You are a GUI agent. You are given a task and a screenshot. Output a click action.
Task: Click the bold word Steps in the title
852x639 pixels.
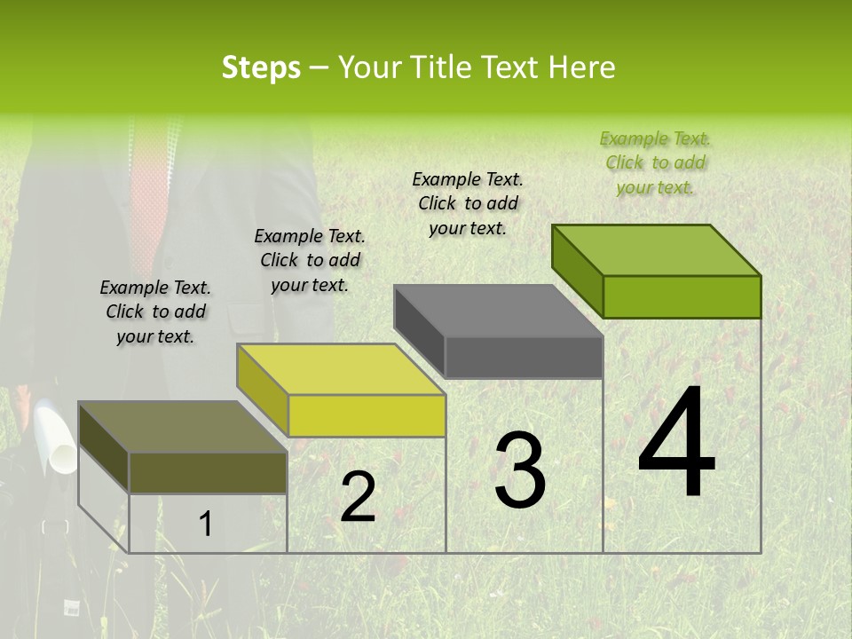click(x=261, y=67)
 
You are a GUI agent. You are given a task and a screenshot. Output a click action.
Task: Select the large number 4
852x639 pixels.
click(x=676, y=443)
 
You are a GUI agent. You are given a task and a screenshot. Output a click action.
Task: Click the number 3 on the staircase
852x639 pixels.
click(x=519, y=470)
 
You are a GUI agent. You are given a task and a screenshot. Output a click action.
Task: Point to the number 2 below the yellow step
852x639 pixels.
click(x=358, y=498)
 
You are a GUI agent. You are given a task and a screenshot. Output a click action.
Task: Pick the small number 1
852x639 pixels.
click(x=205, y=525)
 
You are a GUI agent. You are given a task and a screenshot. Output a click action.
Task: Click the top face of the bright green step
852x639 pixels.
click(x=657, y=249)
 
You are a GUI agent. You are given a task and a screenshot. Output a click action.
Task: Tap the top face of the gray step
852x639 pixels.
click(x=498, y=311)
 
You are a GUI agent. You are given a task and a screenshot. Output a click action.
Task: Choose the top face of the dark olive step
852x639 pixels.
click(x=183, y=427)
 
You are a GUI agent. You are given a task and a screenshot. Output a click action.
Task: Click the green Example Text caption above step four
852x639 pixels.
click(x=655, y=162)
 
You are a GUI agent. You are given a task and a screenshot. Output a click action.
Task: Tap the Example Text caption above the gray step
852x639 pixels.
click(x=468, y=203)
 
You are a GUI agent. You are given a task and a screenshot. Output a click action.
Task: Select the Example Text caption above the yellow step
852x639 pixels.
click(x=310, y=260)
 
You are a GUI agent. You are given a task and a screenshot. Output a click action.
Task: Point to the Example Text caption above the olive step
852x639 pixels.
click(x=155, y=312)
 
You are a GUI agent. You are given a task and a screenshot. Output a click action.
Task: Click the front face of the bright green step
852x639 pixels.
click(x=682, y=296)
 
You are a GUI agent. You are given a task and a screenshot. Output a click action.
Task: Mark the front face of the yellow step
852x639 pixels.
click(x=367, y=415)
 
